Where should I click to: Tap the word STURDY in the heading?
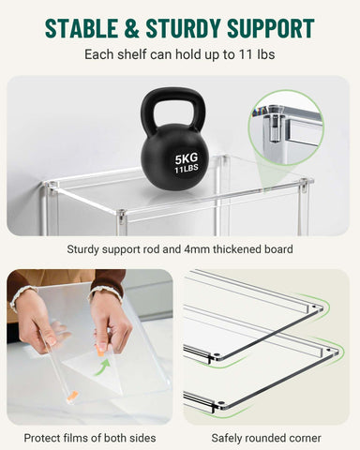192,27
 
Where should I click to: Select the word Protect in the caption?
44,437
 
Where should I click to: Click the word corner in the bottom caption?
302,437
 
